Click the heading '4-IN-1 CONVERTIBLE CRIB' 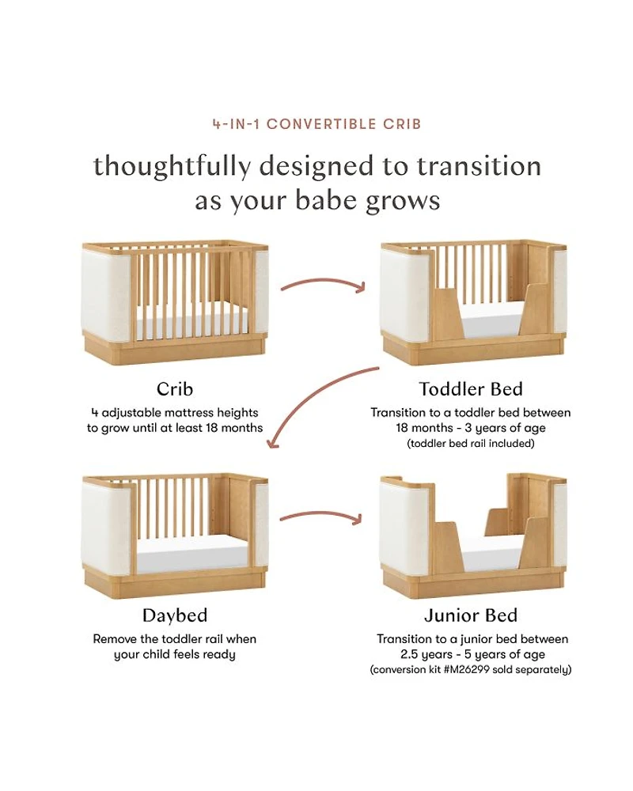coord(316,124)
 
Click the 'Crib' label coord(175,389)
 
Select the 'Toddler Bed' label coord(471,389)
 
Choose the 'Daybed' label coord(175,615)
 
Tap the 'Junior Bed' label coord(471,615)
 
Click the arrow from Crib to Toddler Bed coord(323,284)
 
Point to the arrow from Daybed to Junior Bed coord(321,515)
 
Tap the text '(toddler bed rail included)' coord(471,444)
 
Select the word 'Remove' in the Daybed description coord(115,639)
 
